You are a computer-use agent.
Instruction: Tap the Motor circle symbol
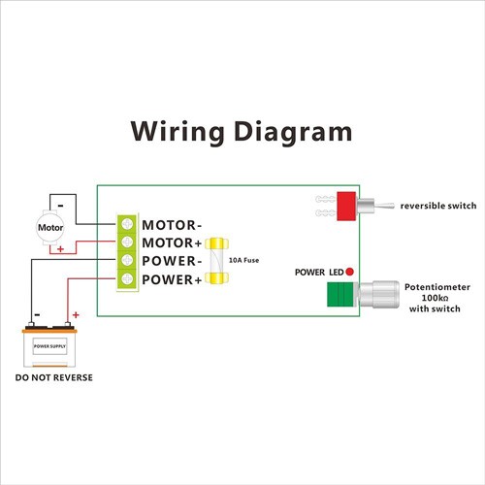tap(50, 229)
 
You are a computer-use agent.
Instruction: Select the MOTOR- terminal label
tap(172, 224)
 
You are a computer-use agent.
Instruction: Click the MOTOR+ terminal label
tap(172, 242)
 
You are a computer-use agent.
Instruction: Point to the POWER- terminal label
tap(172, 262)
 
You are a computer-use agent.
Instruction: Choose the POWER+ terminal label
tap(172, 280)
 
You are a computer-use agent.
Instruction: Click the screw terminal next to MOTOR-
tap(127, 224)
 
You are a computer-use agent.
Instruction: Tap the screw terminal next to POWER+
tap(127, 280)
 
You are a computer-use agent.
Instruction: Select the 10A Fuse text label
tap(243, 261)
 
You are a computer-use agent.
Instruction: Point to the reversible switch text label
tap(437, 206)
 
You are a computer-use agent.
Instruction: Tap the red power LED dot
tap(349, 272)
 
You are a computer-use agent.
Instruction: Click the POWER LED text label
tap(318, 273)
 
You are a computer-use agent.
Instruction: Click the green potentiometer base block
tap(339, 295)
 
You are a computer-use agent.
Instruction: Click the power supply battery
tap(50, 342)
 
